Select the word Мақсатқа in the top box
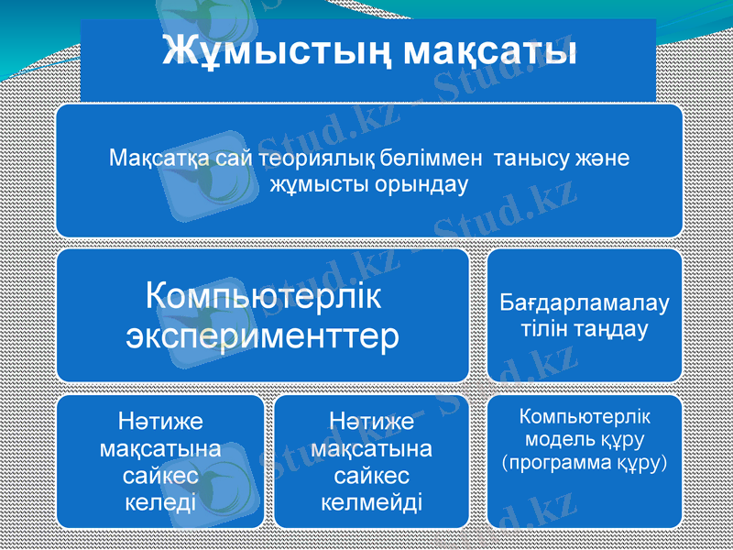click(x=151, y=159)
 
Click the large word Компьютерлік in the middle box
click(x=263, y=297)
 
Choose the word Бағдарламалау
click(x=585, y=302)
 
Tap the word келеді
click(x=159, y=502)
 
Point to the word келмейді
click(x=371, y=502)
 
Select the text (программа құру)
click(x=585, y=461)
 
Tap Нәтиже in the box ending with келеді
click(x=159, y=423)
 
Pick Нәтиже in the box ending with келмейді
click(x=371, y=423)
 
